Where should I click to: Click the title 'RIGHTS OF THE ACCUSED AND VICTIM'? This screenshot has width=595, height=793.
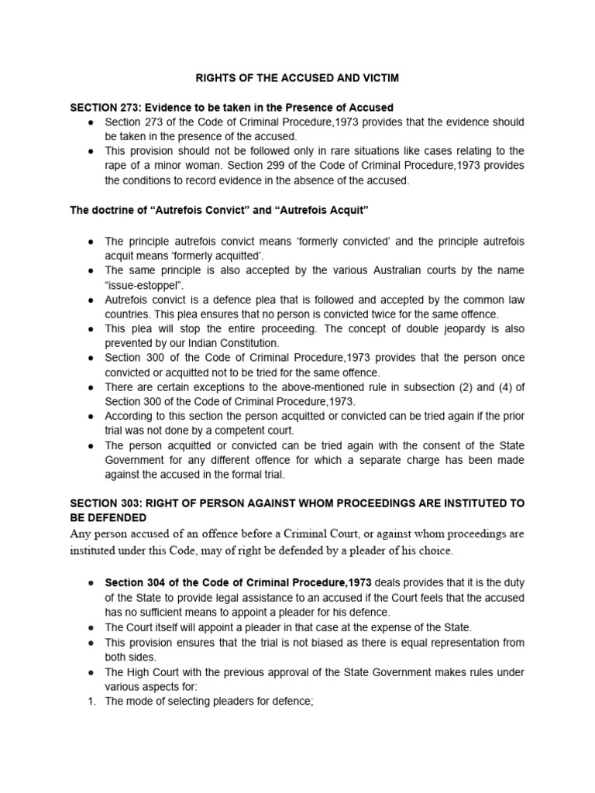297,77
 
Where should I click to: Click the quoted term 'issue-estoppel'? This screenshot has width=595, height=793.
137,285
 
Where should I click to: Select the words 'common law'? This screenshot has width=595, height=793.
494,299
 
